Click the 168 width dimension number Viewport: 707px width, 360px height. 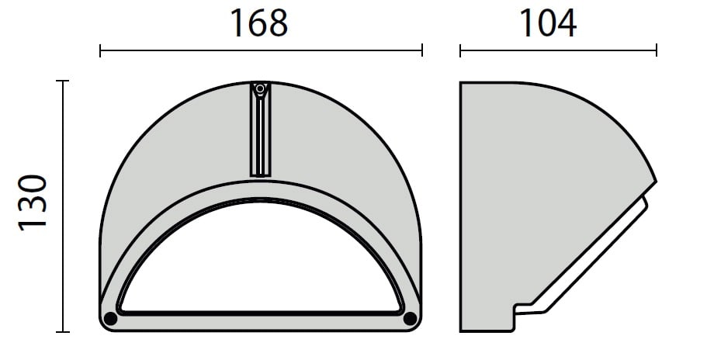pos(258,23)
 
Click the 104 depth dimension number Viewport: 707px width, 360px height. pos(548,23)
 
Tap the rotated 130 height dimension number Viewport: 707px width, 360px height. pos(33,202)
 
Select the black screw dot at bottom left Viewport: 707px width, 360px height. pos(110,319)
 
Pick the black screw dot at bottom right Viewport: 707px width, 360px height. pos(410,319)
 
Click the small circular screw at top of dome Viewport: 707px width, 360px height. pos(260,88)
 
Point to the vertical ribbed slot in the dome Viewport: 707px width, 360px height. pos(260,130)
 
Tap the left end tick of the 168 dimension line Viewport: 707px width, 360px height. pos(100,50)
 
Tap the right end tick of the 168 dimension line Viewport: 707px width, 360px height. pos(422,50)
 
